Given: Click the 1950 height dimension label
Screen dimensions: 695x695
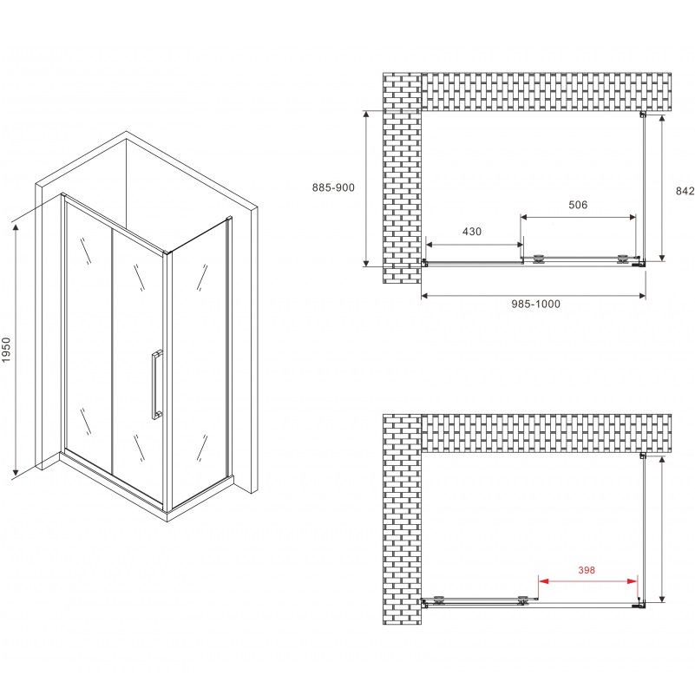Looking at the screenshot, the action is coord(6,350).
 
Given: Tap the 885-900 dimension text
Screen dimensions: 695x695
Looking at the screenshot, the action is coord(333,187).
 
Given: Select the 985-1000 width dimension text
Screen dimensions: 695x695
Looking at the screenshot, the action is coord(535,304).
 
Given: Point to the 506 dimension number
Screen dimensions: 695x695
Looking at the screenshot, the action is coord(578,205).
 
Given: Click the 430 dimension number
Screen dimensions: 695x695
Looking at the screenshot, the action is coord(472,232).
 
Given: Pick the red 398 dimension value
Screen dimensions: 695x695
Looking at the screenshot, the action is coord(587,570).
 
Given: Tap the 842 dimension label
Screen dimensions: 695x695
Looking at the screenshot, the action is coord(685,191).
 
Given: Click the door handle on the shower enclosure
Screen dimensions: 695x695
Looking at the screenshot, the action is coord(156,384).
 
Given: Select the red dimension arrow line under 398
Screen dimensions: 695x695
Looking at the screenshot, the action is coord(587,581).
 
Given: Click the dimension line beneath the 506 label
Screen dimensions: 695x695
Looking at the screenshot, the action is coord(578,217).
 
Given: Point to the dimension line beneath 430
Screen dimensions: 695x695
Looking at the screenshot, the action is coord(475,245).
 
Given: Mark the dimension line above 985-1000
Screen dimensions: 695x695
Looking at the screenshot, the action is coord(534,296).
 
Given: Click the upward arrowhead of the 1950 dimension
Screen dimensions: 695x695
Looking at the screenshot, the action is coord(16,229).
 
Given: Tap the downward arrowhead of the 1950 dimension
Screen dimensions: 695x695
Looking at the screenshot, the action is coord(16,472).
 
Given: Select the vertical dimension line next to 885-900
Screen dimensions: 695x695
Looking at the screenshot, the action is coord(366,188).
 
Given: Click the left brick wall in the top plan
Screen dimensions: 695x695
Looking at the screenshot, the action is coord(402,178).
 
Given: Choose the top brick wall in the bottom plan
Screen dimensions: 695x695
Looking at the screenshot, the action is coord(546,433).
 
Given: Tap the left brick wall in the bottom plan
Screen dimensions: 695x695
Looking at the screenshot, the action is coord(402,520).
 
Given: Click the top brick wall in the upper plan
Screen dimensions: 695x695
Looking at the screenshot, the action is coord(546,92).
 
